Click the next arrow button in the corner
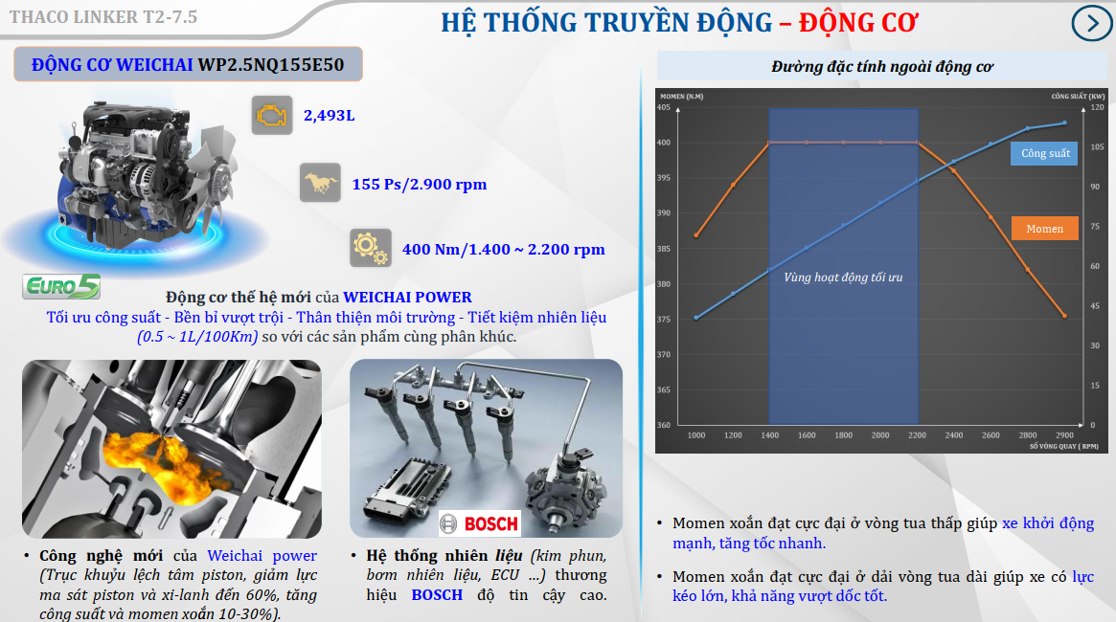(1092, 23)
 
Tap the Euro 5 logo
(61, 286)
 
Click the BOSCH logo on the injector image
(480, 523)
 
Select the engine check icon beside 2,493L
(272, 115)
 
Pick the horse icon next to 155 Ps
(320, 183)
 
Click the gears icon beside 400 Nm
(371, 248)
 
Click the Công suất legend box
(1045, 153)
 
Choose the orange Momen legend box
(1045, 229)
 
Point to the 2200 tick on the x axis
(918, 435)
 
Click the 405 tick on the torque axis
(663, 107)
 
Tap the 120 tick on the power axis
(1098, 107)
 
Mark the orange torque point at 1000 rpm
(696, 235)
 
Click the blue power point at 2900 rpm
(1065, 123)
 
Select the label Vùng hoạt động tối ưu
(843, 278)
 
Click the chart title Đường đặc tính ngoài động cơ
(882, 67)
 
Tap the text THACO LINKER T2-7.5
(103, 17)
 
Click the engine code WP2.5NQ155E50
(271, 65)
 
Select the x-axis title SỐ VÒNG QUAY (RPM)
(1064, 447)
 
